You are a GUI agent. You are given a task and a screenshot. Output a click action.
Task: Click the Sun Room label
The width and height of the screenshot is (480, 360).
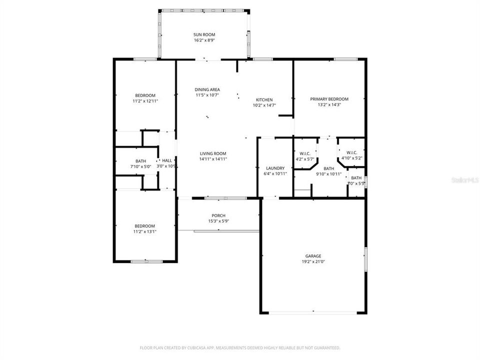tap(204, 34)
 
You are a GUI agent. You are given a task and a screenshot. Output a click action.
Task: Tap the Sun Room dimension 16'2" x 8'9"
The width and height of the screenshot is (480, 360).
tap(204, 40)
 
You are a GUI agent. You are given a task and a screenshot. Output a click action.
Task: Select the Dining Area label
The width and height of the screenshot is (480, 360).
tap(207, 89)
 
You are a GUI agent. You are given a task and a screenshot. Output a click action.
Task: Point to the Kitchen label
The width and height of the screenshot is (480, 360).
tap(264, 99)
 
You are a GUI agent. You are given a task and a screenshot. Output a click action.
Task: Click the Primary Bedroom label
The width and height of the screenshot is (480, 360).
tap(329, 99)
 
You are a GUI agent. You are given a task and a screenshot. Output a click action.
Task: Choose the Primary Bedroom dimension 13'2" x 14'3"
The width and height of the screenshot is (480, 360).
tap(329, 105)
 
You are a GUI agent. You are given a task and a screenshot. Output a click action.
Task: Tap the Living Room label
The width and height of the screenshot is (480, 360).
tap(213, 153)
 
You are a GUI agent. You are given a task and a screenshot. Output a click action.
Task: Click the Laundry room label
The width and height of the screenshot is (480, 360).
tap(275, 168)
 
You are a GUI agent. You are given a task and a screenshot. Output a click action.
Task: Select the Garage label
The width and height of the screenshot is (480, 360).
tap(313, 256)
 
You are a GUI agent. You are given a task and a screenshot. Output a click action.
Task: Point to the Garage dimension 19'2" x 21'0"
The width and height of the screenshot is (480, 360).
tap(313, 262)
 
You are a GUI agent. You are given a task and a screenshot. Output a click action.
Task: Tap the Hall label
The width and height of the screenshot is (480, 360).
tap(167, 160)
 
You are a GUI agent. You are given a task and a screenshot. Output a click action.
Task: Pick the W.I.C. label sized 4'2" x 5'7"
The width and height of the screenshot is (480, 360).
tap(305, 153)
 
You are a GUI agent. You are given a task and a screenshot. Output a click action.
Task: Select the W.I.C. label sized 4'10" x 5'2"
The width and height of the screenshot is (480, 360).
tap(351, 152)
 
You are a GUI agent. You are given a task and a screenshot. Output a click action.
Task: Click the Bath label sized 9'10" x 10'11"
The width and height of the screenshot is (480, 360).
tap(328, 168)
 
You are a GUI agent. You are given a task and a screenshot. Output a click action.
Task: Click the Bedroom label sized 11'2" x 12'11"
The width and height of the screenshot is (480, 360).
tap(145, 95)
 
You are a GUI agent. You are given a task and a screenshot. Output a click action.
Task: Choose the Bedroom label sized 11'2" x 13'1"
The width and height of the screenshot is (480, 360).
tap(144, 226)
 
